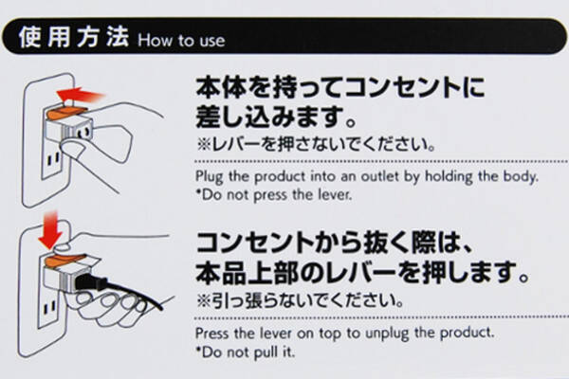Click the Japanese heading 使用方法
click(x=74, y=37)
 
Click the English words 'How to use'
click(x=181, y=40)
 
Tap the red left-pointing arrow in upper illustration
click(x=81, y=95)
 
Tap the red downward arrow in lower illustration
click(x=49, y=230)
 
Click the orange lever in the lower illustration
click(x=65, y=260)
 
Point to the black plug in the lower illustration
click(x=91, y=282)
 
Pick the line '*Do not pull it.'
click(x=246, y=352)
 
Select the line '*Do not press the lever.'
click(x=274, y=195)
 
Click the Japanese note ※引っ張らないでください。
click(x=300, y=300)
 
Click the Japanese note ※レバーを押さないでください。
click(x=316, y=144)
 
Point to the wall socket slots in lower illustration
click(x=49, y=308)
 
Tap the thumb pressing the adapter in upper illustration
click(x=74, y=148)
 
